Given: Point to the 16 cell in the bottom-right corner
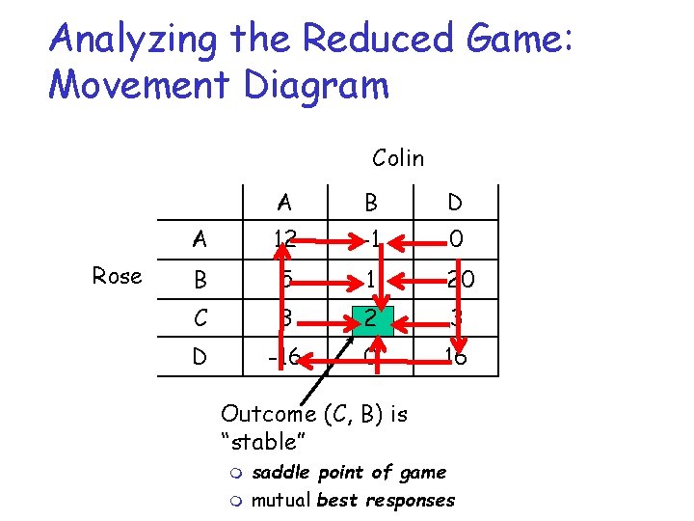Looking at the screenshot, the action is tap(456, 356).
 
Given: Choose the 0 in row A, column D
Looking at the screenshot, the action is tap(456, 238).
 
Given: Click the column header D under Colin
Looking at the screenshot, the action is tap(456, 203).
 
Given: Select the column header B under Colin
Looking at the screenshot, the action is tap(370, 203).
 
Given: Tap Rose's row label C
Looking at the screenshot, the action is tap(200, 316).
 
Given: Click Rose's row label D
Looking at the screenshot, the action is tap(200, 356).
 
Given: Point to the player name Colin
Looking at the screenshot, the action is tap(397, 157).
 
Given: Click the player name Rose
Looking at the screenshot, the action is tap(118, 277).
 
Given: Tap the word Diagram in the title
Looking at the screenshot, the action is tap(317, 85).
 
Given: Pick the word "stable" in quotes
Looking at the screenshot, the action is tap(263, 443).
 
